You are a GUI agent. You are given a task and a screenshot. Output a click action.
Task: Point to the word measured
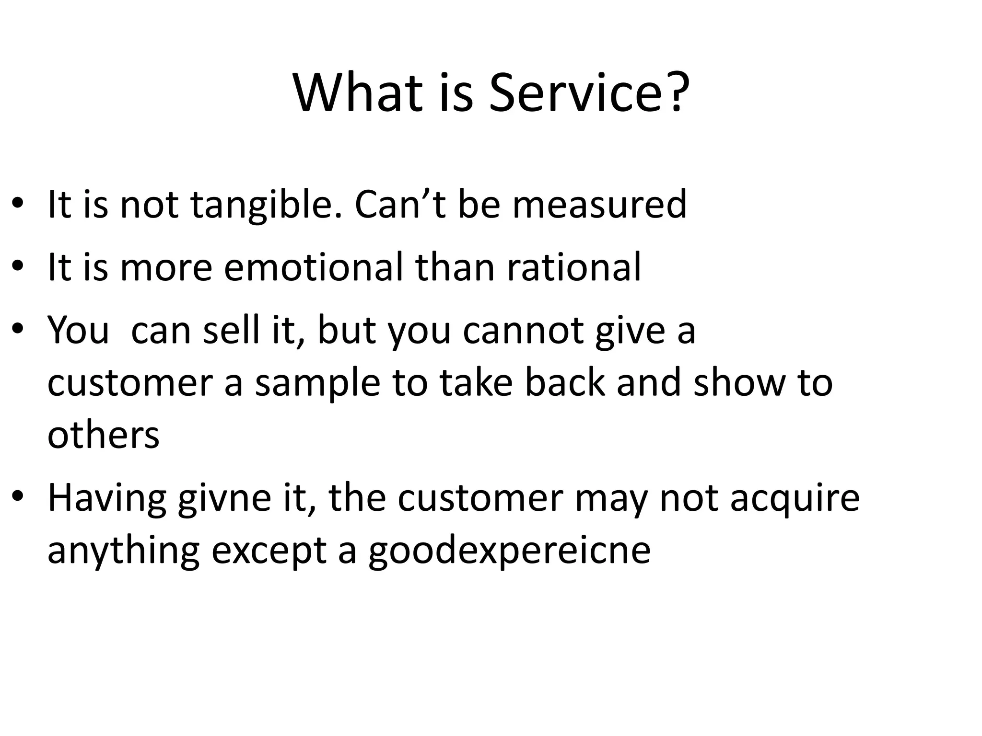[599, 205]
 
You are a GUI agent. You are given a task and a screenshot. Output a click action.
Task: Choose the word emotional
[314, 267]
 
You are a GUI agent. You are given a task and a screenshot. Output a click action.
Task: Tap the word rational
[574, 267]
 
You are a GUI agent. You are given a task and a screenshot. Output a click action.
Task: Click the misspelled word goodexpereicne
[509, 551]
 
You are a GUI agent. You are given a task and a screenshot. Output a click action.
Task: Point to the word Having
[106, 498]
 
